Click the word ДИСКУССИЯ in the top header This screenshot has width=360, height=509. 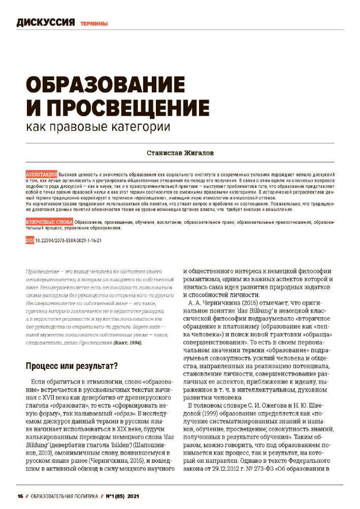[46, 22]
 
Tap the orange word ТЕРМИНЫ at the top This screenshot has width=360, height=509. [93, 23]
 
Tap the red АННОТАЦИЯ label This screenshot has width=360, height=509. [41, 174]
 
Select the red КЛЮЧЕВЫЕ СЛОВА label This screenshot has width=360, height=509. [49, 223]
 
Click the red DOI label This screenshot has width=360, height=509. [29, 240]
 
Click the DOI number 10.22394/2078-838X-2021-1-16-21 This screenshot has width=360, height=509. [69, 240]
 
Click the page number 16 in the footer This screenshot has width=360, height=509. [20, 495]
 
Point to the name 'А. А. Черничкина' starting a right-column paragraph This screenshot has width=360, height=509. [214, 303]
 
